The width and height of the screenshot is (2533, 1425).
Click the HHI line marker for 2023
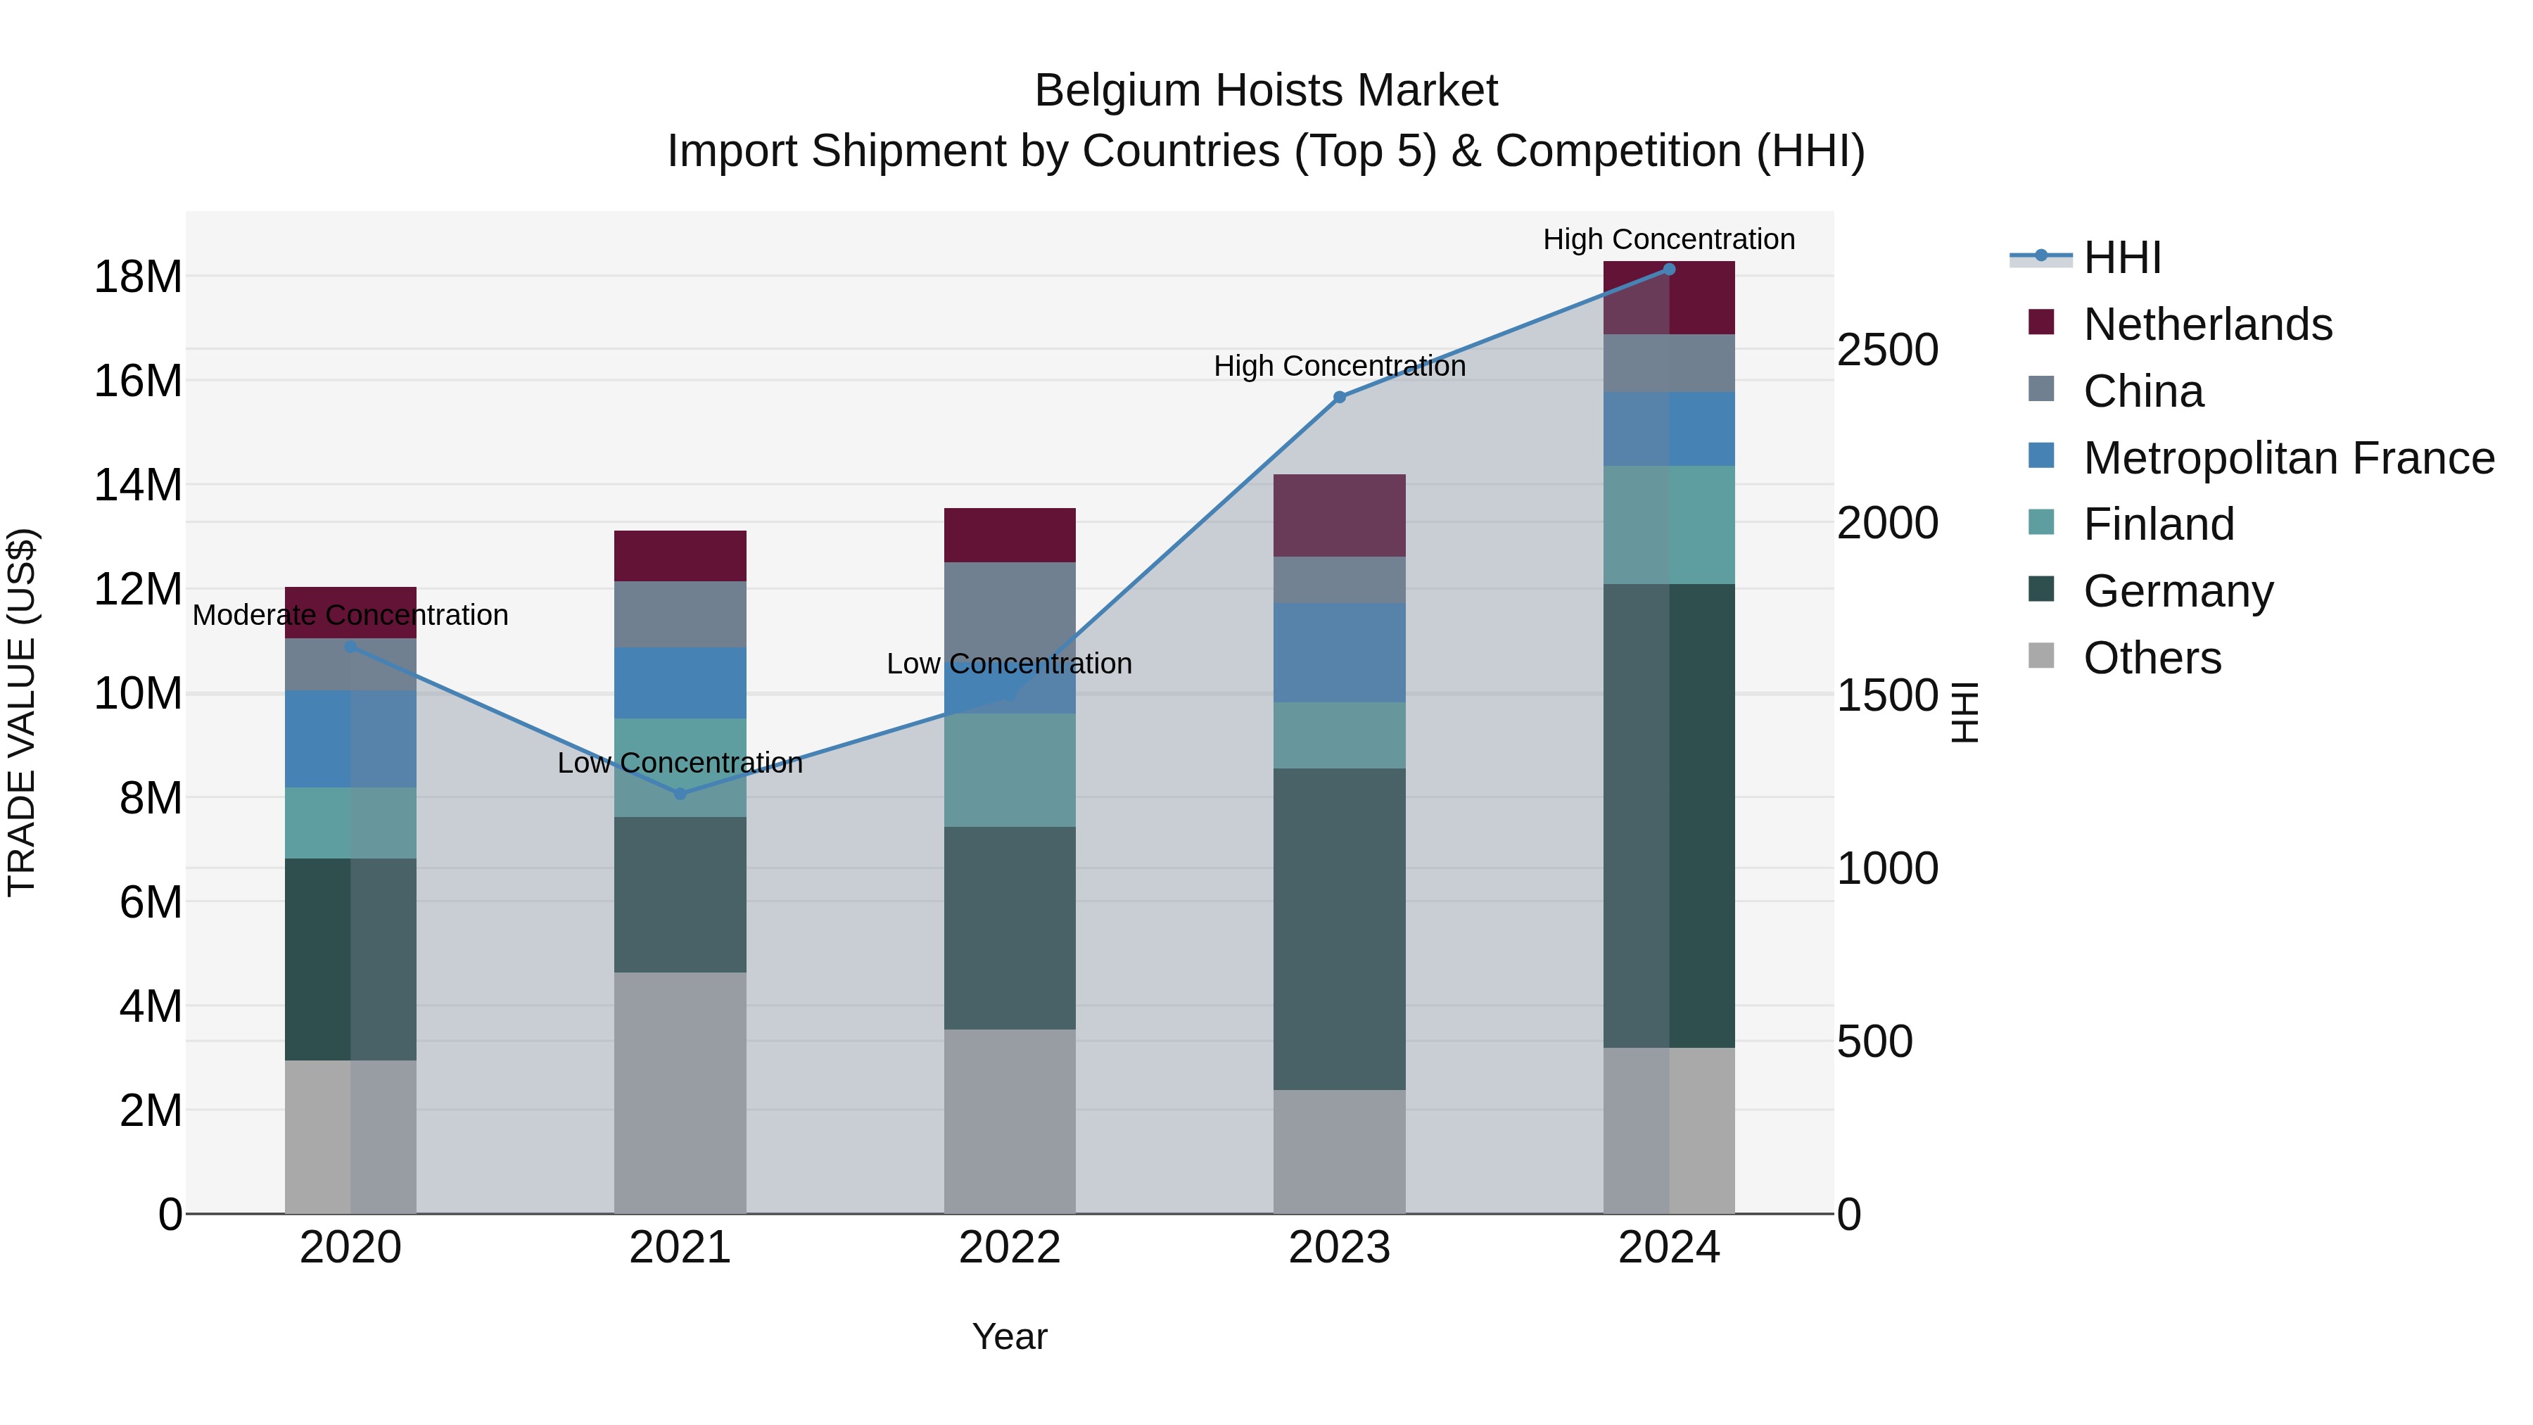[1339, 398]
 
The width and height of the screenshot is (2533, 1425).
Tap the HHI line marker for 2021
[680, 794]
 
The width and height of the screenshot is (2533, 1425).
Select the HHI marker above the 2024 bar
[1669, 270]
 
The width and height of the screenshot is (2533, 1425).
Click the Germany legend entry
[2177, 591]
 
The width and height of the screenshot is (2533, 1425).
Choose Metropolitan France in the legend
[2288, 458]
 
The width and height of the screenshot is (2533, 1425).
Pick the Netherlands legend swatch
[2041, 322]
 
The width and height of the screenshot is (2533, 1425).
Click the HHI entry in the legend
[2122, 258]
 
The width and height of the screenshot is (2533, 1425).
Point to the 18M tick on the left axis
[138, 277]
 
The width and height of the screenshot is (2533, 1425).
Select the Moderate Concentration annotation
[350, 616]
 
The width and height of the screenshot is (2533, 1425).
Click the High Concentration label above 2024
[1669, 240]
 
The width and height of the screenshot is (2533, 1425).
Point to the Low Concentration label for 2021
[680, 763]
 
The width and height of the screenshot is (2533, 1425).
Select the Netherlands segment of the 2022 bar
[1009, 535]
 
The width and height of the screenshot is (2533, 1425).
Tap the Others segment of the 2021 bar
[680, 1091]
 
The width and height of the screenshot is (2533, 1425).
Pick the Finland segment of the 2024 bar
[1669, 525]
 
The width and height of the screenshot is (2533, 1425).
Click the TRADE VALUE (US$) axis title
[22, 712]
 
